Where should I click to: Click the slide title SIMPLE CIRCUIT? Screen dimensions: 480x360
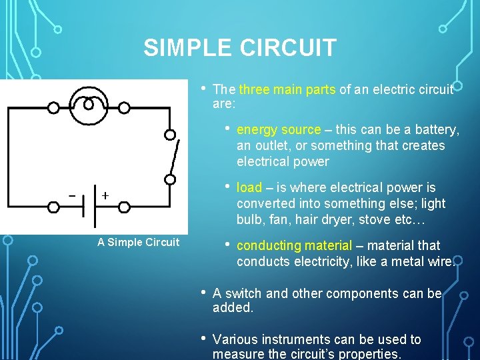click(240, 48)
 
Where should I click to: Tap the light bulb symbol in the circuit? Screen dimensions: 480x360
click(89, 107)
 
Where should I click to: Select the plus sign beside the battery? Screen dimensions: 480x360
click(105, 195)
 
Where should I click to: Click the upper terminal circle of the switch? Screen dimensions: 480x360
click(171, 135)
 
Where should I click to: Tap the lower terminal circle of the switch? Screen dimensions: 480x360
click(171, 179)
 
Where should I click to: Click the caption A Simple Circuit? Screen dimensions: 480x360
click(138, 242)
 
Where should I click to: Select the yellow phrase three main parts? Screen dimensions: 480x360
click(287, 89)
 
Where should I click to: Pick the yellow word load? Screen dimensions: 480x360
click(249, 187)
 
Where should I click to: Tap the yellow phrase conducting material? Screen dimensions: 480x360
click(294, 245)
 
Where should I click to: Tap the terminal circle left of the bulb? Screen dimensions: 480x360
click(53, 107)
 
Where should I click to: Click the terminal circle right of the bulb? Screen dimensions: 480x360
click(125, 107)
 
